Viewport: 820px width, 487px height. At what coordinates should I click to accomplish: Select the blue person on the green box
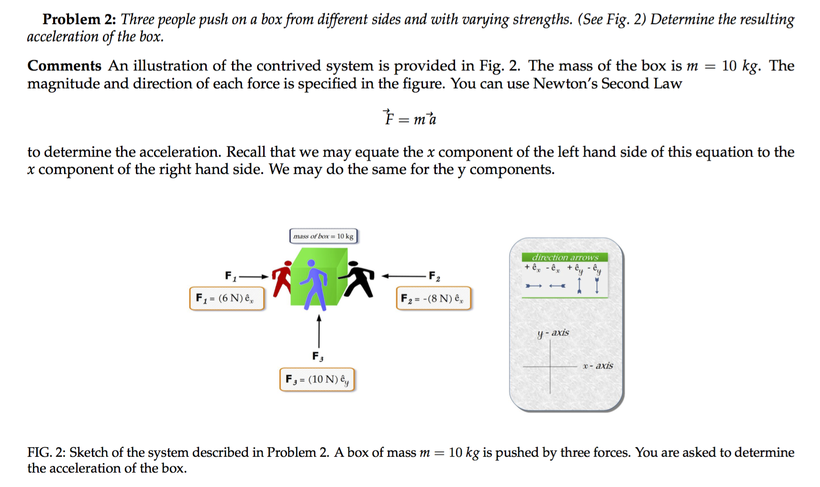pyautogui.click(x=314, y=285)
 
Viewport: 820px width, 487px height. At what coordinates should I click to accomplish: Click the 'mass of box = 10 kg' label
pyautogui.click(x=323, y=236)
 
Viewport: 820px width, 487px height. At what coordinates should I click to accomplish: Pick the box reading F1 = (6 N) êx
pyautogui.click(x=226, y=299)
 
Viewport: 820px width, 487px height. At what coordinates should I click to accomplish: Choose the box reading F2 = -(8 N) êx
pyautogui.click(x=433, y=299)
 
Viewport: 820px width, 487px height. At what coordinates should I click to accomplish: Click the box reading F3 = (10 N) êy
pyautogui.click(x=317, y=379)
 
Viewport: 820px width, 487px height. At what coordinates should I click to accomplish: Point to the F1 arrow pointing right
pyautogui.click(x=254, y=277)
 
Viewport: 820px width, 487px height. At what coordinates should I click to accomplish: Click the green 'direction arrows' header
pyautogui.click(x=565, y=257)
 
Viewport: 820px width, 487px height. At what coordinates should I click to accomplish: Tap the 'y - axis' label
pyautogui.click(x=553, y=333)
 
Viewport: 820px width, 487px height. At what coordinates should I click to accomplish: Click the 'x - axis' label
pyautogui.click(x=598, y=366)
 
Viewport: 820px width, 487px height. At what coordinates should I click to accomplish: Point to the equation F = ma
pyautogui.click(x=410, y=118)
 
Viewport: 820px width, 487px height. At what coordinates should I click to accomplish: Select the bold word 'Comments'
pyautogui.click(x=64, y=66)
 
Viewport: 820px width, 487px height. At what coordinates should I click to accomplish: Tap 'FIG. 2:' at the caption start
pyautogui.click(x=46, y=452)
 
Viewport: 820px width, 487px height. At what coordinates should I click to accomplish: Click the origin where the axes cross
pyautogui.click(x=550, y=366)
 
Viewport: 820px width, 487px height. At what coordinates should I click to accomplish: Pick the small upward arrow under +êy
pyautogui.click(x=579, y=286)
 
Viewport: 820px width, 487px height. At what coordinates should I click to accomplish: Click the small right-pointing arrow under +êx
pyautogui.click(x=533, y=286)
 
